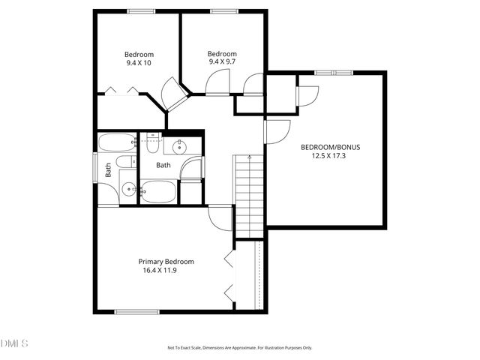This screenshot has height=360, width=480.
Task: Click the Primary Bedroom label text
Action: coord(166,262)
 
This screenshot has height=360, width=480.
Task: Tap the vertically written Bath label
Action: coord(109,170)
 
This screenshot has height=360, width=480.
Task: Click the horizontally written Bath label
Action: coord(163,165)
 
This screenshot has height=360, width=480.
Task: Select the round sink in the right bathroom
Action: coord(180,146)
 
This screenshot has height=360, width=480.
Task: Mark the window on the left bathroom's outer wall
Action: coord(94,168)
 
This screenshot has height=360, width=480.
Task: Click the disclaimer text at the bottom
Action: coord(239,347)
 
